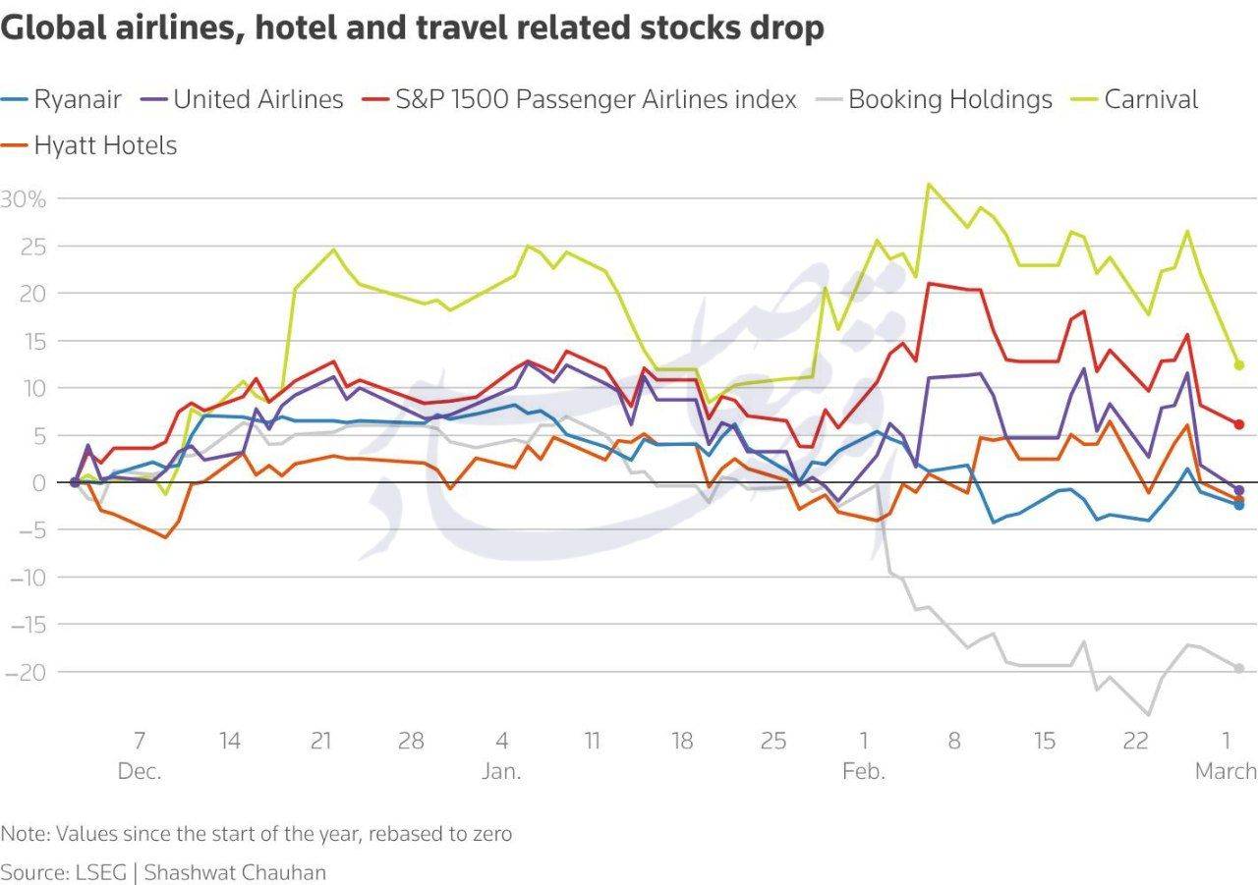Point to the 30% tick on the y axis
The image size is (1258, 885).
24,199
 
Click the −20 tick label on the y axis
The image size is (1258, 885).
24,672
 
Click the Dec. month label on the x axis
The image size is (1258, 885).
140,772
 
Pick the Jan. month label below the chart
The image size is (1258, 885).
501,772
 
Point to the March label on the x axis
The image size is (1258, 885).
1226,772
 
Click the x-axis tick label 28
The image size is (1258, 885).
411,741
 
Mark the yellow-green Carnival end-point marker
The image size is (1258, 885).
1239,364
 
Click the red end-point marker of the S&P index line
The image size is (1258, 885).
1239,424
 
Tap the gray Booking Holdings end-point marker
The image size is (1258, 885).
1239,668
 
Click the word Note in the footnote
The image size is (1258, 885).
24,834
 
